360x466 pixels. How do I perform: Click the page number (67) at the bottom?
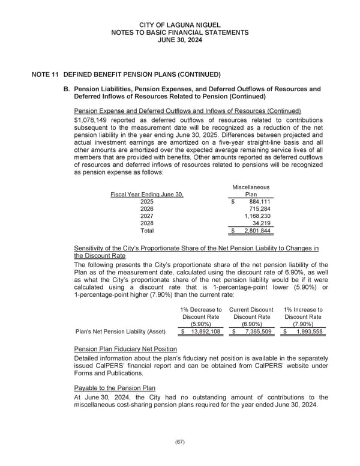click(179, 442)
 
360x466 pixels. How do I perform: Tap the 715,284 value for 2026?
click(260, 209)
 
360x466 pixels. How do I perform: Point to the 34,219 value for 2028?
click(261, 223)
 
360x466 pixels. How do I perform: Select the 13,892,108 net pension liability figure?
click(205, 332)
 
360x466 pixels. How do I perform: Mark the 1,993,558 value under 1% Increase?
click(306, 332)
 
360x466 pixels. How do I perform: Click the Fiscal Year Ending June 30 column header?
click(147, 195)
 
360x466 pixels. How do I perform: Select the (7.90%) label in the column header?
click(303, 324)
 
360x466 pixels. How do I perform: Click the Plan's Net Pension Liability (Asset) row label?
click(121, 332)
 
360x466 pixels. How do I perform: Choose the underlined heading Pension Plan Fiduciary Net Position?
click(125, 349)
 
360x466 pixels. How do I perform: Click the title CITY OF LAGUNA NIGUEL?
click(179, 25)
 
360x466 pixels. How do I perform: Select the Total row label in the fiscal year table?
click(147, 231)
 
